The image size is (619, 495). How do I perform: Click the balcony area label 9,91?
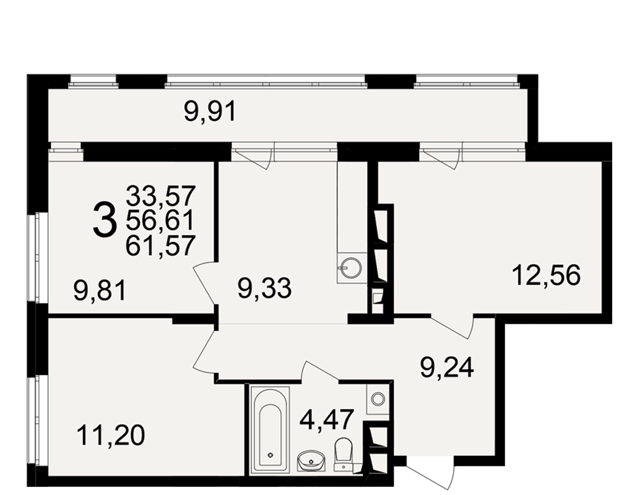[210, 112]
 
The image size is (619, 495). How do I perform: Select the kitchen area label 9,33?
[264, 288]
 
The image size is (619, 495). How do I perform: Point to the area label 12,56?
[547, 275]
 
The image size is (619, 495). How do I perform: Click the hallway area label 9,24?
[446, 368]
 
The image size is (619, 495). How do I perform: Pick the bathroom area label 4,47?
[326, 420]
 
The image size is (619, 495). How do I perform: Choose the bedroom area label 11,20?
[111, 436]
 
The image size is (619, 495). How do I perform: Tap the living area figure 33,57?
[160, 196]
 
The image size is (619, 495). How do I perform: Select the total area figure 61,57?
[160, 245]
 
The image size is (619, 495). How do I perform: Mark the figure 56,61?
[160, 220]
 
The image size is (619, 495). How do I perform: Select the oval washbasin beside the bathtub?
[311, 462]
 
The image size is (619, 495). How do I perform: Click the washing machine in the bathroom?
[378, 398]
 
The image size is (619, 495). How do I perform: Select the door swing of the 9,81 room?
[205, 283]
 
